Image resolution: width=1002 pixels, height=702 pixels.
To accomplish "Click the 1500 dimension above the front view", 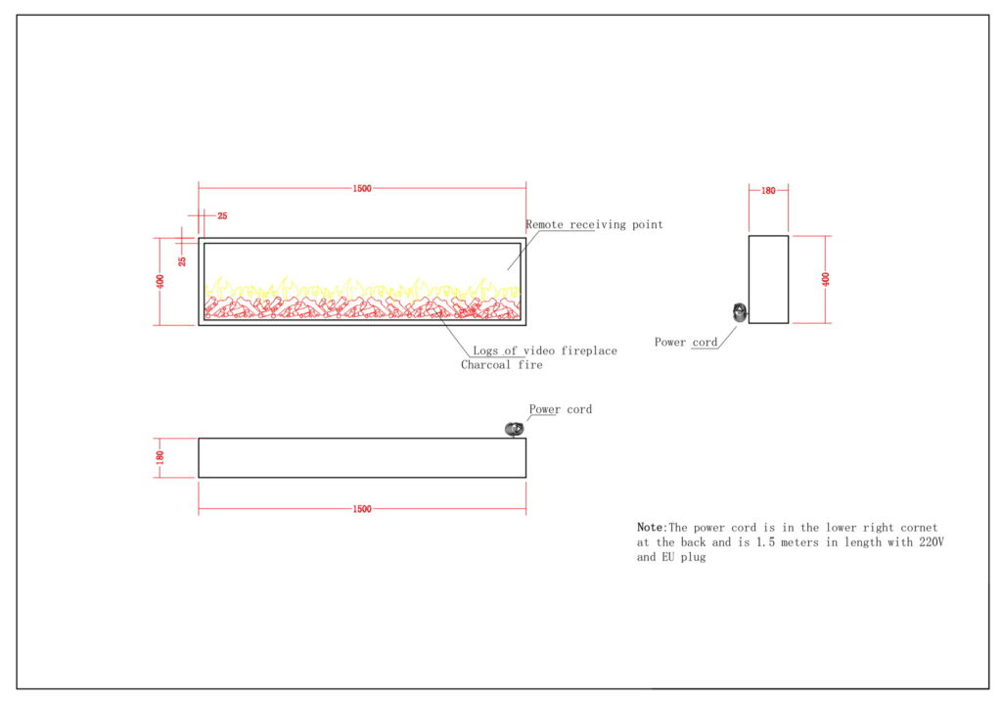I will point(362,189).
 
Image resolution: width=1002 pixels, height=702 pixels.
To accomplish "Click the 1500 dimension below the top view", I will point(362,509).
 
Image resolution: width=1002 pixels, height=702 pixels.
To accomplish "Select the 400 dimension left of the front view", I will point(160,281).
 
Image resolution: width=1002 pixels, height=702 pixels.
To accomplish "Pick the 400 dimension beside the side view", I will point(826,279).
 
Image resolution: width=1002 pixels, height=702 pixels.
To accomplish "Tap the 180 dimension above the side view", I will point(768,191).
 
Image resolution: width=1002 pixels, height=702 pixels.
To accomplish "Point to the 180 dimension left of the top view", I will point(160,457).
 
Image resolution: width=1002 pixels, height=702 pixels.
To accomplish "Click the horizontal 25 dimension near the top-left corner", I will point(222,215).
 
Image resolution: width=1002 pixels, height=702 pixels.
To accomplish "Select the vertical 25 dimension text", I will point(182,261).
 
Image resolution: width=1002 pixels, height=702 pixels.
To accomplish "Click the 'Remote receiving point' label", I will point(594,225).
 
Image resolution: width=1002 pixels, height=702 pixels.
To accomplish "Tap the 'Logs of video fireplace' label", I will point(544,351).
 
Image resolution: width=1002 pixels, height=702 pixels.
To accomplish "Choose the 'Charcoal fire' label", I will point(501,365).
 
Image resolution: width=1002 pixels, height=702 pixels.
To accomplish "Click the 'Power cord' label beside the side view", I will point(686,343).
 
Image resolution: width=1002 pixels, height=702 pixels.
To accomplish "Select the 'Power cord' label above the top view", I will point(561,409).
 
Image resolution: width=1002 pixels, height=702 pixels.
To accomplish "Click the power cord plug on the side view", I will point(740,312).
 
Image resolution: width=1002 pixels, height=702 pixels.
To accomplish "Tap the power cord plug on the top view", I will point(513,429).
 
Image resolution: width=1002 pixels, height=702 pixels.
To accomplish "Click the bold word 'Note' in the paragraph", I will point(650,528).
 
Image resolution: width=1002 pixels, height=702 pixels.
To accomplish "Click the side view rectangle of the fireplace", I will point(768,279).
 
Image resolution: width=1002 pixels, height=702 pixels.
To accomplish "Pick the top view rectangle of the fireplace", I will point(362,457).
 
